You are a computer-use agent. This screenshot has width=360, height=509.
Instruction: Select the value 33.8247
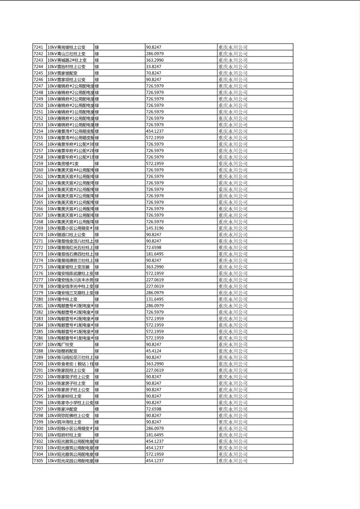153,67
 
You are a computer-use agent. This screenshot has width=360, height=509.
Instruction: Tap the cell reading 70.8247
153,73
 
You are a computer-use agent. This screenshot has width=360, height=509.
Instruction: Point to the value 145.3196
155,228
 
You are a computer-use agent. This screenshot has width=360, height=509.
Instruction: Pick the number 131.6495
155,299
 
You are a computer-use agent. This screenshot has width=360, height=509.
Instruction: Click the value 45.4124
153,351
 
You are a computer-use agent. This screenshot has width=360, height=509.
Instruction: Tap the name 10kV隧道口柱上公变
67,235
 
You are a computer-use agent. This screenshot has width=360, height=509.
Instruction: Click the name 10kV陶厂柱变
61,344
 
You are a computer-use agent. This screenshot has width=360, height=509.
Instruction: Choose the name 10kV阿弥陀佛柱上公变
69,415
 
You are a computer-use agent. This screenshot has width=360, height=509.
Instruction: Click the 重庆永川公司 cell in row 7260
233,170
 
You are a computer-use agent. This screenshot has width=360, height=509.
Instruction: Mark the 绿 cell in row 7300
97,428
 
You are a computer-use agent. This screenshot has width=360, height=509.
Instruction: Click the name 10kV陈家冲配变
63,409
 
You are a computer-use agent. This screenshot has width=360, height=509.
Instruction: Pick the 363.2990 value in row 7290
155,364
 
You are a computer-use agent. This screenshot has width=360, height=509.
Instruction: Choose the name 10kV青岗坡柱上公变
67,47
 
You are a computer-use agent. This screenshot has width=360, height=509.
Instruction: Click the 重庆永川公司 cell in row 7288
233,351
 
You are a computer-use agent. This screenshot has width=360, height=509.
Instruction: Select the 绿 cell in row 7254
97,131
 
